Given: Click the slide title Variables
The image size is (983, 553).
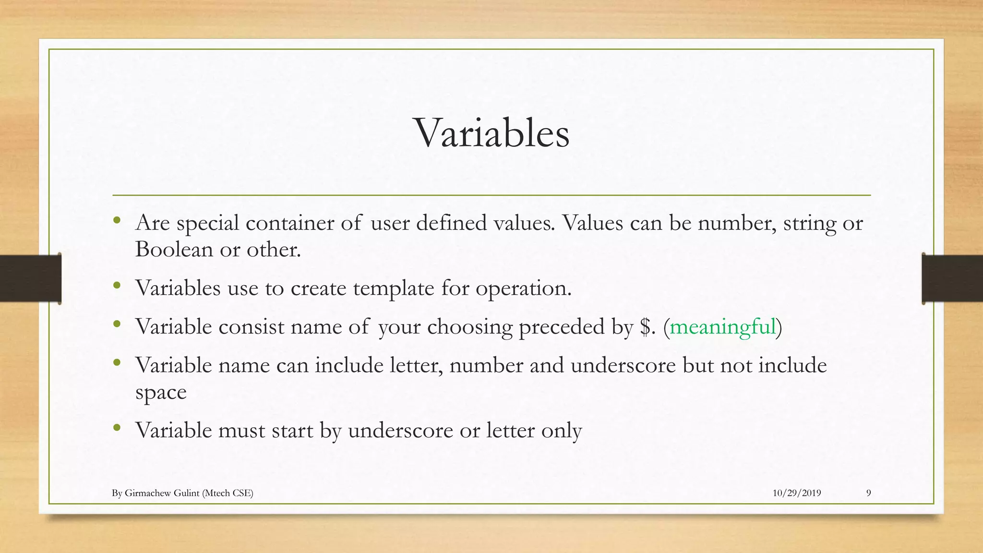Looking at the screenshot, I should coord(491,133).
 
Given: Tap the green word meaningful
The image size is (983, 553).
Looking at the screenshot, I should coord(722,327).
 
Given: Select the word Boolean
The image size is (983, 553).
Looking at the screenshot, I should coord(174,249).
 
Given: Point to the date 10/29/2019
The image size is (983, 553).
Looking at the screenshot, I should coord(796,493).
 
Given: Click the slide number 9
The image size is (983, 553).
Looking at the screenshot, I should coord(868,493).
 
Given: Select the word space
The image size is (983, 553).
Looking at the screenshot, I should coord(161,393).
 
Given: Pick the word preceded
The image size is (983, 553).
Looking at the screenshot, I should coord(562,327).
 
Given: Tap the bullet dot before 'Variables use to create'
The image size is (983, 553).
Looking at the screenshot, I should coord(117,286).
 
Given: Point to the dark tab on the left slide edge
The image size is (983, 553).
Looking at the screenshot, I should coord(30,278).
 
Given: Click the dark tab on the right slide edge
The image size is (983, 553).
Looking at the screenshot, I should coord(952,278).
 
